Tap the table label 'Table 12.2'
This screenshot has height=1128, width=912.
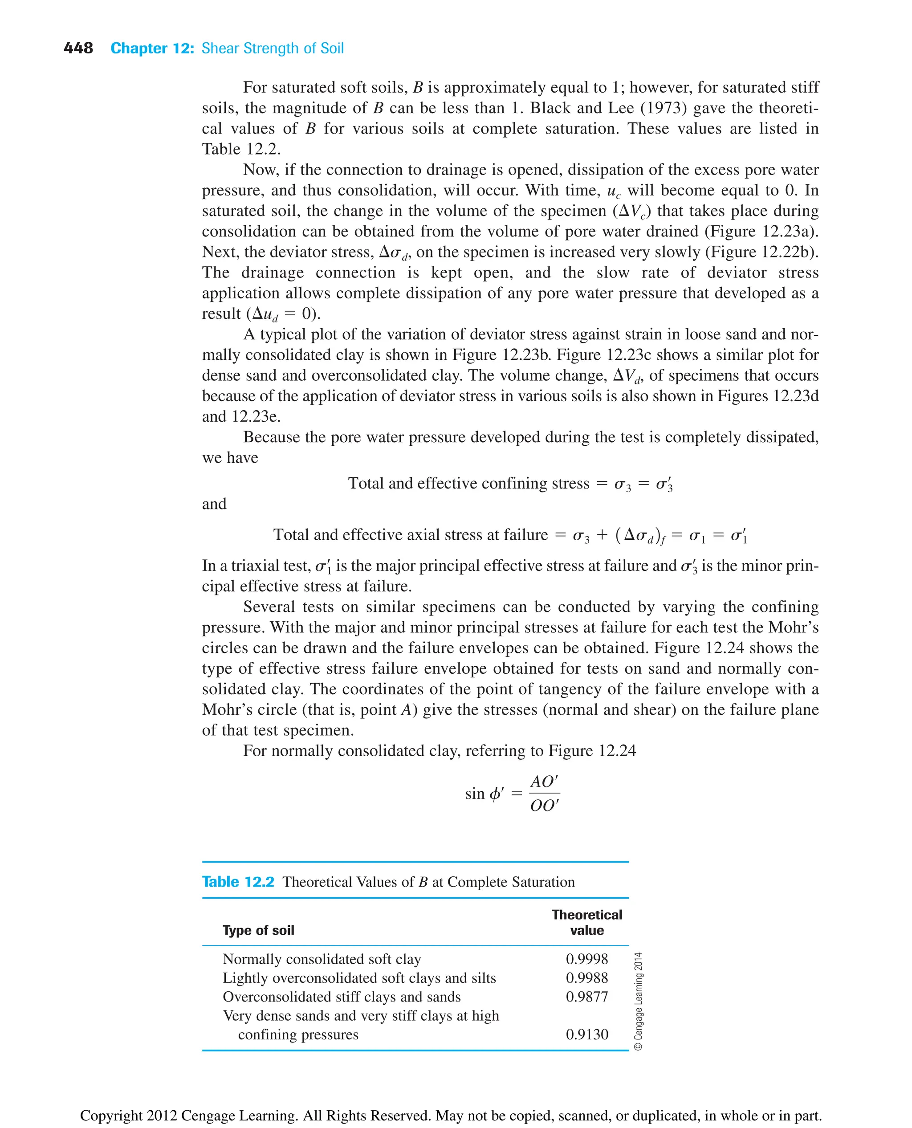click(x=238, y=881)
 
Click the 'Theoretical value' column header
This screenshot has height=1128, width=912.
click(x=586, y=922)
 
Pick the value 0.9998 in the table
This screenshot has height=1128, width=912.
click(x=586, y=959)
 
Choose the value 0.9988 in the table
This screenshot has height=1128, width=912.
click(x=586, y=978)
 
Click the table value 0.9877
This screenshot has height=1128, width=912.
click(x=586, y=997)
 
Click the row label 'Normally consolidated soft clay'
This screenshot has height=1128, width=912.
click(x=322, y=959)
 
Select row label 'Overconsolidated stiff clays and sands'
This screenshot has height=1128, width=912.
click(x=342, y=997)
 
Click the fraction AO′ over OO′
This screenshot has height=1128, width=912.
click(x=544, y=793)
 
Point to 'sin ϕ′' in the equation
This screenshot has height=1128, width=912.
click(x=484, y=793)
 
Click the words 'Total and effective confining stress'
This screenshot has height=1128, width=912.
click(x=468, y=483)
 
